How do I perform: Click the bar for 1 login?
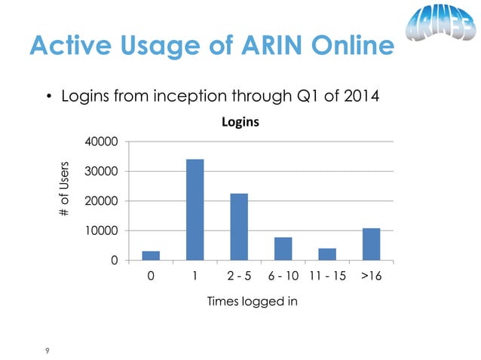pyautogui.click(x=195, y=209)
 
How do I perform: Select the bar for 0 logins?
pyautogui.click(x=151, y=255)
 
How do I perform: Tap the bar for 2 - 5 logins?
pyautogui.click(x=239, y=227)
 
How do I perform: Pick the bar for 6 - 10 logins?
pyautogui.click(x=283, y=249)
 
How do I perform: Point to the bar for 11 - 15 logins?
pyautogui.click(x=326, y=254)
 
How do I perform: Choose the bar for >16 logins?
pyautogui.click(x=371, y=244)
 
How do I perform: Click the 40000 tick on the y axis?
pyautogui.click(x=102, y=142)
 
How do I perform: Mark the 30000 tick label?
pyautogui.click(x=102, y=172)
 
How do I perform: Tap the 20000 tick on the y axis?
pyautogui.click(x=102, y=201)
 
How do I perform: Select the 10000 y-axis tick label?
pyautogui.click(x=102, y=230)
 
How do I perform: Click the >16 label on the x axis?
pyautogui.click(x=370, y=276)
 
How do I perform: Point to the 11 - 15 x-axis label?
pyautogui.click(x=327, y=276)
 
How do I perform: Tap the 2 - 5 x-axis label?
pyautogui.click(x=239, y=276)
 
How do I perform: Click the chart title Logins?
pyautogui.click(x=240, y=121)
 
